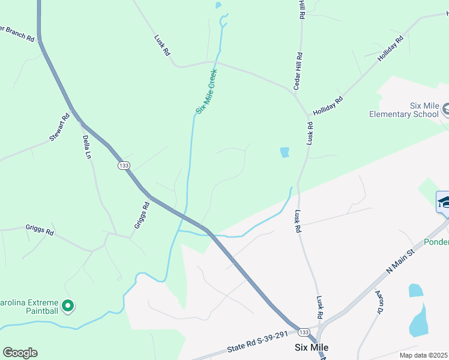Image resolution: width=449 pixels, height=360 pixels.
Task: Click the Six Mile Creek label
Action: (206, 92)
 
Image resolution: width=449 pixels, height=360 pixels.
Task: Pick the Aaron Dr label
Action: (379, 302)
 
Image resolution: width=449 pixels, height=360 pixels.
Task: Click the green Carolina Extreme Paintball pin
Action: (68, 307)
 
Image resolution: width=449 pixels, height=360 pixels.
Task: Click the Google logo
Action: (20, 353)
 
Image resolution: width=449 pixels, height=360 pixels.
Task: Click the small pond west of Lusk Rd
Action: (285, 152)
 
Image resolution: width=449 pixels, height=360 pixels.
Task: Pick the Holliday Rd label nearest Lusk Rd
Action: (328, 106)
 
